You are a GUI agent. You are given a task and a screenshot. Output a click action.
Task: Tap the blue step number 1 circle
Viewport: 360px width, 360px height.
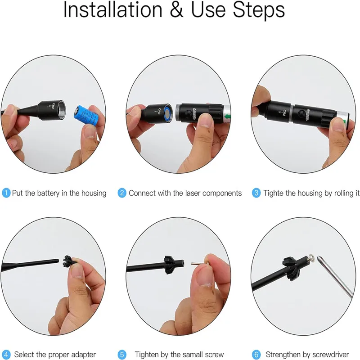point(6,193)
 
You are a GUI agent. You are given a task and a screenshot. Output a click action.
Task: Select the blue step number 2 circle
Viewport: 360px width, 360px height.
point(122,193)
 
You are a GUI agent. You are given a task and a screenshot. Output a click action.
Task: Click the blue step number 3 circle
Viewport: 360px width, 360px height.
point(256,193)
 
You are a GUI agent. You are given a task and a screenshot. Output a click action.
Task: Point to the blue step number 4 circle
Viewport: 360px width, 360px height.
point(6,355)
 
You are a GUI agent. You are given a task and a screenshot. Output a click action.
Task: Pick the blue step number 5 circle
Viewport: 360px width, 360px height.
point(122,355)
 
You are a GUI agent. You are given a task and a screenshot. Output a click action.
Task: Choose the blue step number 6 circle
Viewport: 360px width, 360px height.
point(256,355)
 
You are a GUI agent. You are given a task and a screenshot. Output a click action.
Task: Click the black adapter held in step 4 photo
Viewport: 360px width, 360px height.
point(69,262)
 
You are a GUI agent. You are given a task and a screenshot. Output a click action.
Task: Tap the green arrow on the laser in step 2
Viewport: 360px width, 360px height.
point(227,116)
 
